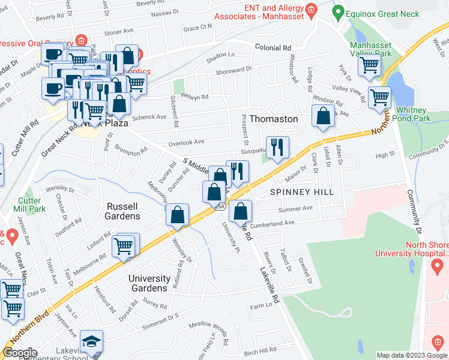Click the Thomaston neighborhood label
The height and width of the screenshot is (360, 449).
coord(273,119)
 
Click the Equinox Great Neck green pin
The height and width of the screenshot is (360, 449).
coord(338,11)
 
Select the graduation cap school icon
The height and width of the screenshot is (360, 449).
coord(91,341)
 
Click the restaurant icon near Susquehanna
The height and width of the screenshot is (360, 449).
coord(277,148)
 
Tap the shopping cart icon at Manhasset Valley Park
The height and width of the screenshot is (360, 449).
coord(369,65)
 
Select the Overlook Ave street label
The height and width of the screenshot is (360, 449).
coord(187,142)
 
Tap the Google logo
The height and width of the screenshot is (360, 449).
coord(20,353)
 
